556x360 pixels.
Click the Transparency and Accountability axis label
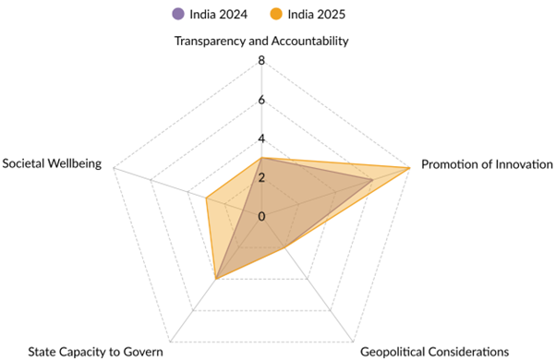(x=261, y=41)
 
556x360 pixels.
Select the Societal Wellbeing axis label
(x=53, y=164)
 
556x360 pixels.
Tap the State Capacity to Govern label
(x=96, y=351)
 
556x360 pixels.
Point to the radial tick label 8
(x=261, y=62)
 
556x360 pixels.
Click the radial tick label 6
(x=261, y=101)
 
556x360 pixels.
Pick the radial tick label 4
(x=261, y=139)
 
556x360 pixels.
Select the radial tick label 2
(x=261, y=178)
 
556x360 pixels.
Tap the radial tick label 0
(x=261, y=217)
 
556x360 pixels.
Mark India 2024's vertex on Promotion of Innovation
(x=372, y=180)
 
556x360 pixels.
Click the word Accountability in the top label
(x=308, y=41)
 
